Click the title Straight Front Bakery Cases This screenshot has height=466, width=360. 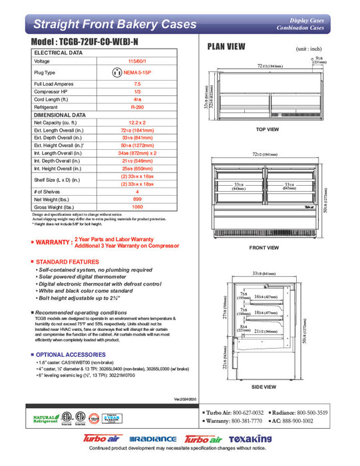(115, 25)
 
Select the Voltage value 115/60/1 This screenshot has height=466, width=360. (137, 61)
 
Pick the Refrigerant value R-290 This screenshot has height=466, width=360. (137, 107)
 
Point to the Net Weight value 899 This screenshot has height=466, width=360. (137, 199)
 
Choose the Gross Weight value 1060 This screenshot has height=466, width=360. (137, 207)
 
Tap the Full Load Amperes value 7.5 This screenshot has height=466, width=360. (137, 84)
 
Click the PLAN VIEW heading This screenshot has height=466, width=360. (226, 47)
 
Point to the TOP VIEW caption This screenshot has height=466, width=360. (268, 129)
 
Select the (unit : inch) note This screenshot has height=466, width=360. (309, 49)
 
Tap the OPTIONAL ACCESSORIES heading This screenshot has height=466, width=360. (67, 354)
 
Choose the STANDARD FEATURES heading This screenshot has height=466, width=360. (67, 262)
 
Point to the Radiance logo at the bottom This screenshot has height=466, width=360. (153, 440)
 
